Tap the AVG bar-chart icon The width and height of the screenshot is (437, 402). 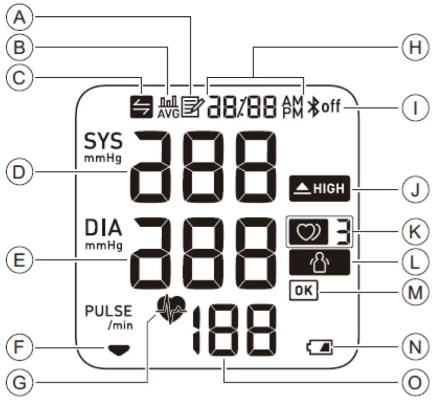(169, 108)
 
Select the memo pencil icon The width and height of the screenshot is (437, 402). (192, 108)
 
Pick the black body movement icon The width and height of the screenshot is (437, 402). (318, 263)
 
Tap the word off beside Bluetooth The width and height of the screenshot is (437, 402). (332, 108)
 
